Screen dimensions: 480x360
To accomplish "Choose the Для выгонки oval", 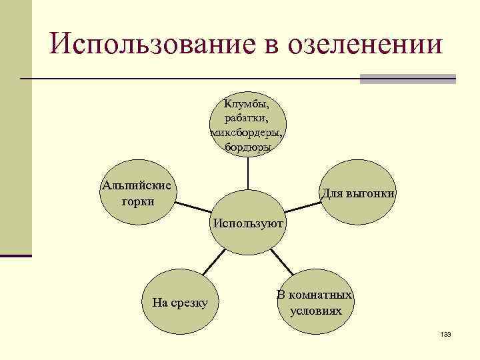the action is pos(359,193).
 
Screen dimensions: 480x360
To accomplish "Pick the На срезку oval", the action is pos(180,303).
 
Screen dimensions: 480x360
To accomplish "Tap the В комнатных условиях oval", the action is pos(315,303).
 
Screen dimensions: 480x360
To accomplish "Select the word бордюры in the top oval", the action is pos(247,146).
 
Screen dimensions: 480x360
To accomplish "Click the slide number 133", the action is pos(446,334).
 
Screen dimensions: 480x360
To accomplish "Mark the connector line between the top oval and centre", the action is pos(247,172).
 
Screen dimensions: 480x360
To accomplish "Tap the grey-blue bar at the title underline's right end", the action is pos(407,79).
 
